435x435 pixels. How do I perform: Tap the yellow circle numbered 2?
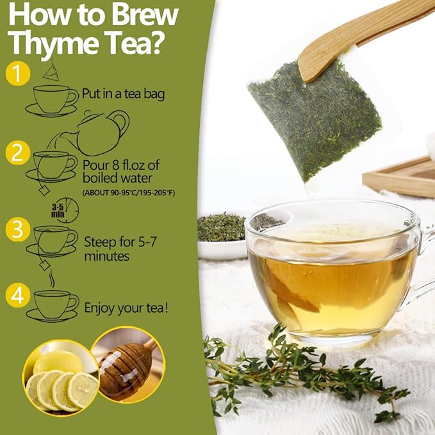pos(18,153)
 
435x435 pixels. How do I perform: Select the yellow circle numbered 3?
pos(18,229)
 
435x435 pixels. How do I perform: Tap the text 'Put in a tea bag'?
pos(124,94)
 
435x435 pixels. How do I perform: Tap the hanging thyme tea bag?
pos(314,125)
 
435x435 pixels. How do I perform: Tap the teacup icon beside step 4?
pos(55,303)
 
